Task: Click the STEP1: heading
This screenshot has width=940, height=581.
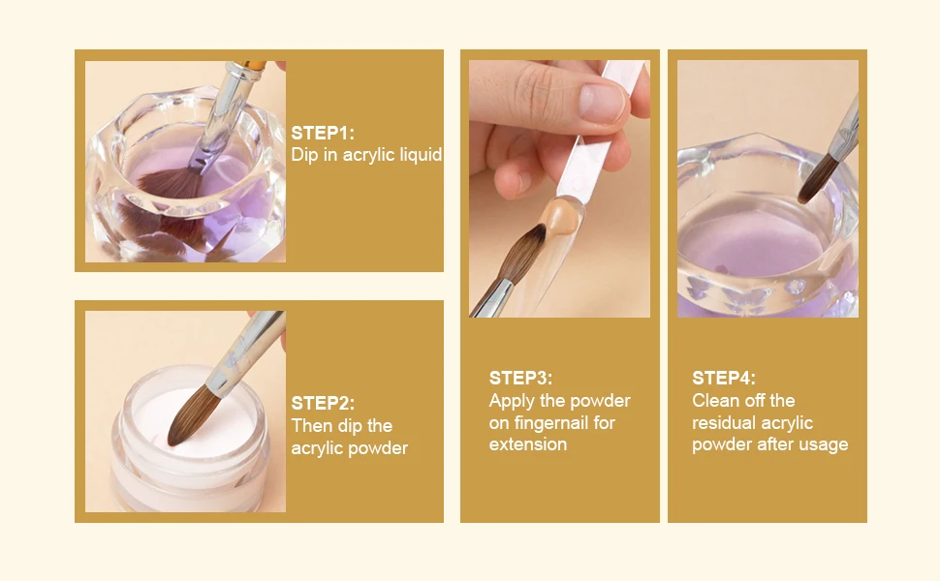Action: [323, 133]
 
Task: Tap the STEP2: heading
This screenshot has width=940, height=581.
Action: [323, 403]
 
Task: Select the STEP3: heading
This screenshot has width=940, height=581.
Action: [520, 378]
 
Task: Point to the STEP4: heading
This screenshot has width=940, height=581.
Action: [724, 378]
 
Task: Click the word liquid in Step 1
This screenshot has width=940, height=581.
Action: [418, 155]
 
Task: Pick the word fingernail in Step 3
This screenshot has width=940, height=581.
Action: [551, 423]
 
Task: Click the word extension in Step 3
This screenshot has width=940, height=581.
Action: [527, 444]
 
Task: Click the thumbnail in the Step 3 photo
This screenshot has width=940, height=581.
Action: [603, 102]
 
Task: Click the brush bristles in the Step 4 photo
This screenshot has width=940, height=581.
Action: [817, 178]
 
